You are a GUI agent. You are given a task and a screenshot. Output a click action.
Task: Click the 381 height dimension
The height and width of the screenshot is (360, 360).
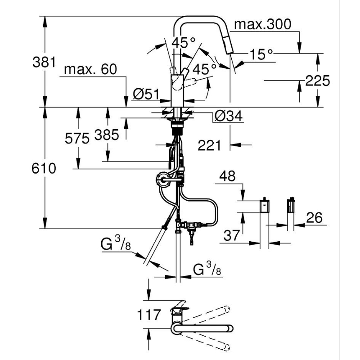coord(44,62)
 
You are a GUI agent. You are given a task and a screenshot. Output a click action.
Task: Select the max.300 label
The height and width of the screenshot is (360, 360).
coord(263,24)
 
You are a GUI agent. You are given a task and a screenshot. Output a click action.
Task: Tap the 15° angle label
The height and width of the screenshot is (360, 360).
coord(261,54)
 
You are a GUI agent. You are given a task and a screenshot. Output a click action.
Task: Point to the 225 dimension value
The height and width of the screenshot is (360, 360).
coord(318,81)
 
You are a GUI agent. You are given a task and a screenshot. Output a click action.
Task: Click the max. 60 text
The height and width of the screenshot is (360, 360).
coord(90,69)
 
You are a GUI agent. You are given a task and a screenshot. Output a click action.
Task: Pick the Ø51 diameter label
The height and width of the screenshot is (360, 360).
coord(146,94)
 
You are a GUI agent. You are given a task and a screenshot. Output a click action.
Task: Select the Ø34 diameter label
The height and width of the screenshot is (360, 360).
coord(229,116)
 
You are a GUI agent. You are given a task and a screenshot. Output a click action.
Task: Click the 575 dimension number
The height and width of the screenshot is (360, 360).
coord(77,139)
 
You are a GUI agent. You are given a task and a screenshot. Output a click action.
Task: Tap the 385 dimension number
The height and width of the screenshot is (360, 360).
coord(107,135)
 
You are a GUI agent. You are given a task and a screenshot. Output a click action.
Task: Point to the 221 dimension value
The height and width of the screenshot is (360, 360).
coord(209,145)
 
